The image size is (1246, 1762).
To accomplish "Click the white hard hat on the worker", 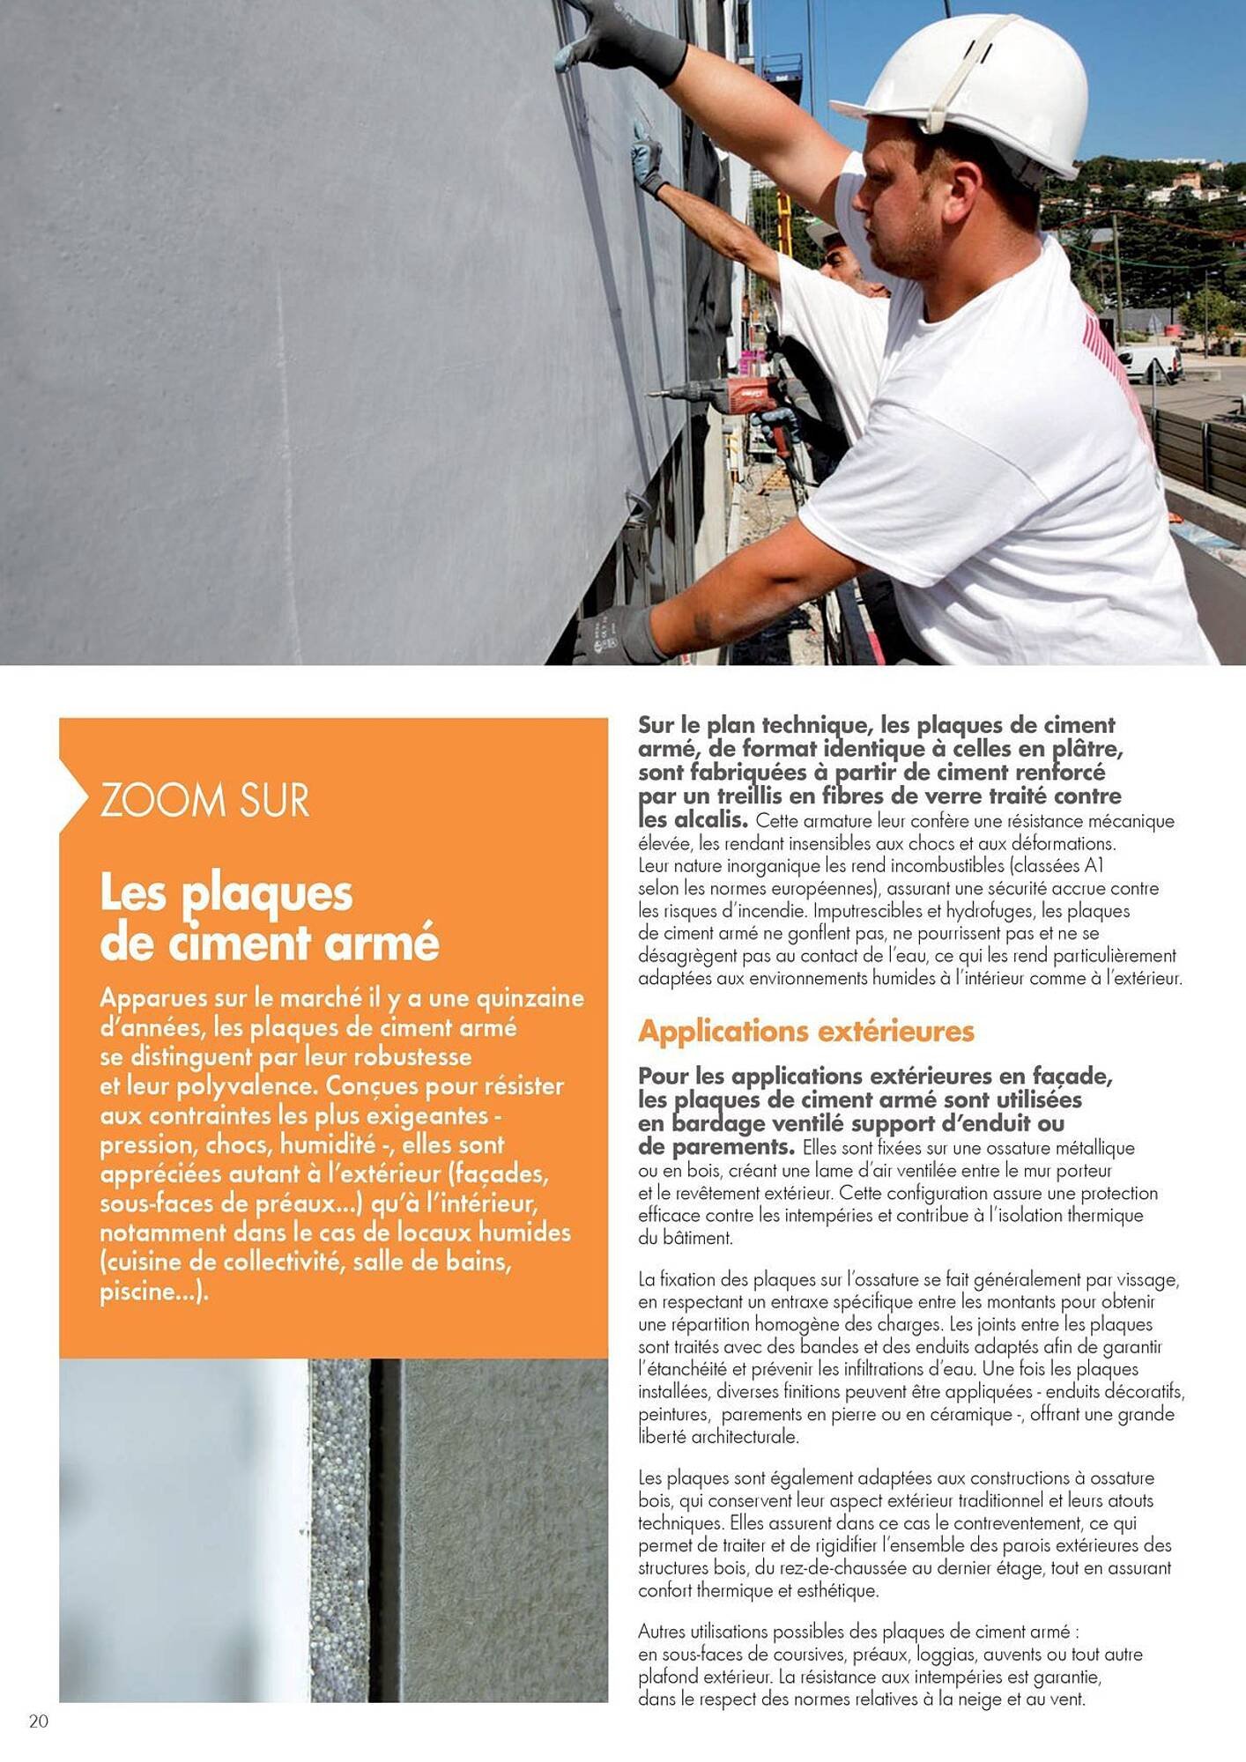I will click(969, 93).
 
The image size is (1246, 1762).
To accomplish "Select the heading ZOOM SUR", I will click(204, 800).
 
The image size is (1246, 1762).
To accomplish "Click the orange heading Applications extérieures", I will click(805, 1031).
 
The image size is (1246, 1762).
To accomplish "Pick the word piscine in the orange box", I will click(138, 1292).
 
